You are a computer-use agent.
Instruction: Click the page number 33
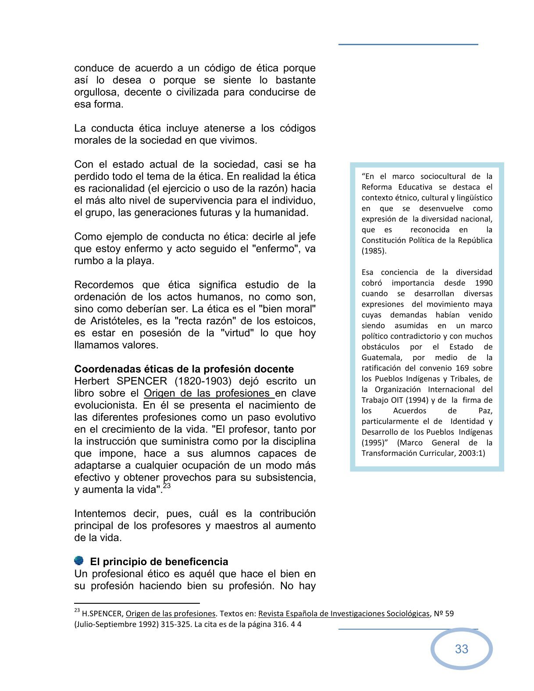461,649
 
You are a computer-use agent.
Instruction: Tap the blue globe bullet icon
79,561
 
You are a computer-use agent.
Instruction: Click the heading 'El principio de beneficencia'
159,562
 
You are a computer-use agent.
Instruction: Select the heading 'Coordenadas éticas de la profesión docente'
184,369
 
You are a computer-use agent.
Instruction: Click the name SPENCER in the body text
142,381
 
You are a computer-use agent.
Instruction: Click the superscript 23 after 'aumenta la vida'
167,486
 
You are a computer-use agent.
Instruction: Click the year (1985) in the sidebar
374,251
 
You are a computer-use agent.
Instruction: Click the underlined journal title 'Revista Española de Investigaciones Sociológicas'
344,614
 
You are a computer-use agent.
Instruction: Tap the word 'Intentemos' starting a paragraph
100,513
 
